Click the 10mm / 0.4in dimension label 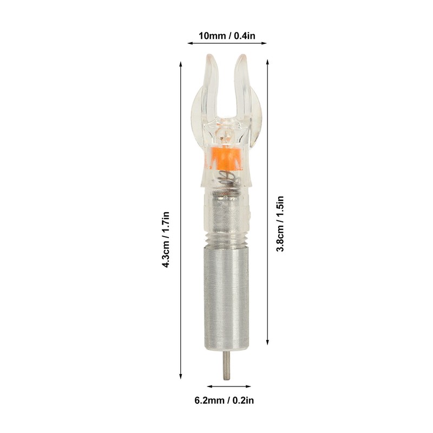click(x=227, y=36)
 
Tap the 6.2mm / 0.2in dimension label click(x=224, y=400)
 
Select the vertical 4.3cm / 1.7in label click(x=166, y=239)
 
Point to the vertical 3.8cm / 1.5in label click(x=280, y=224)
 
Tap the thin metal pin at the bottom click(x=227, y=365)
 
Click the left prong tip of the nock click(x=211, y=56)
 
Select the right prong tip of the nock click(x=242, y=56)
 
